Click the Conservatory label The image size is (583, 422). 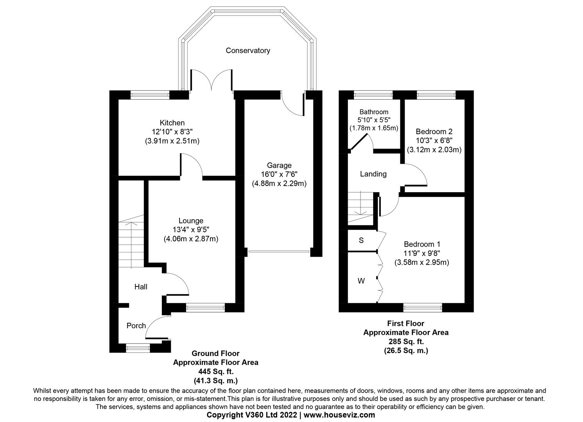pos(248,50)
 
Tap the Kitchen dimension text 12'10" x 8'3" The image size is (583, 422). pos(172,132)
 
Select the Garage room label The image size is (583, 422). pos(279,165)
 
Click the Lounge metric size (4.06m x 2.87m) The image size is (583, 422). pos(191,239)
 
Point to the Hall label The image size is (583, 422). pos(141,287)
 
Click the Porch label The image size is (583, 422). pos(136,325)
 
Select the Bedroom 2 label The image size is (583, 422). pos(434,132)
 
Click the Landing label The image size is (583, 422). pos(373,174)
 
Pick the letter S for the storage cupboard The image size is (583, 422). pos(361,240)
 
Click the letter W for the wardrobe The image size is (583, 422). pos(361,281)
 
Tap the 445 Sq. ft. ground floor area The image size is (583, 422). pos(215,371)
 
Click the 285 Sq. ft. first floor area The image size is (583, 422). pos(405,342)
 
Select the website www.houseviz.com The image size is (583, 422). pos(339,415)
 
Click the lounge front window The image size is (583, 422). pos(206,308)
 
